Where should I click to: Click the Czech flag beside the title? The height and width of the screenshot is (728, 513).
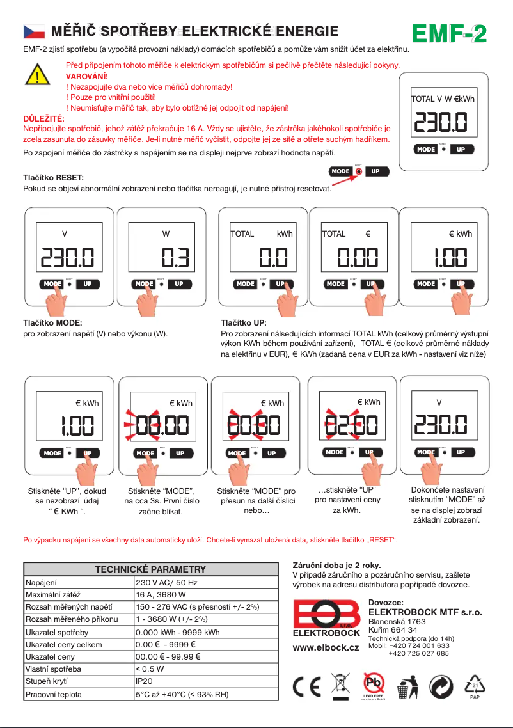coord(33,31)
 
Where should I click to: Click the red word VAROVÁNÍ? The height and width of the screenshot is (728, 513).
coord(87,75)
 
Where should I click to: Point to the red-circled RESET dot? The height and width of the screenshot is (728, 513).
coord(359,171)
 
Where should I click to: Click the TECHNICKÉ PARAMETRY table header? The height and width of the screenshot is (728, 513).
coord(150,569)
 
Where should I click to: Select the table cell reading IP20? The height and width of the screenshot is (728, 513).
coord(144,681)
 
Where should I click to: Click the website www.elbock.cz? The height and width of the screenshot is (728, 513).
coord(326,647)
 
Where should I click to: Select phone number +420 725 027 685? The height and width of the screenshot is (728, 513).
coord(418,654)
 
